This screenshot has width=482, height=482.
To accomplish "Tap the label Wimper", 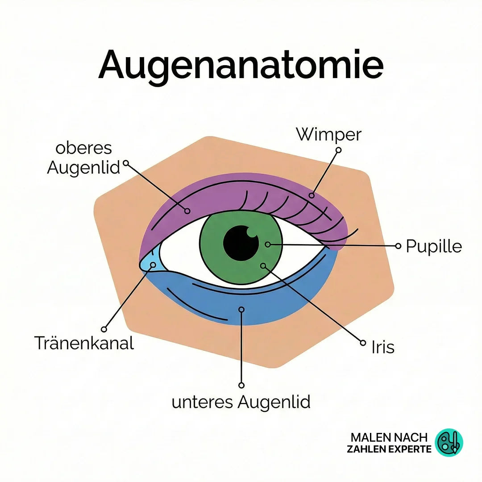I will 328,134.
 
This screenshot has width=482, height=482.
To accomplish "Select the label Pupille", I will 433,246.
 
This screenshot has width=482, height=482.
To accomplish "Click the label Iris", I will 383,347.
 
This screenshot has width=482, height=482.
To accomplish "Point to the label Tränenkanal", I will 84,343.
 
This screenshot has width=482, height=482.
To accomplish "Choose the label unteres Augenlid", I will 241,402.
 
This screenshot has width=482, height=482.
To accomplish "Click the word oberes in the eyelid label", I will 84,149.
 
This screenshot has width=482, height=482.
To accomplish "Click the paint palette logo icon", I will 449,442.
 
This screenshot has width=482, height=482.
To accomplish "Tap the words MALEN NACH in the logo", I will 389,437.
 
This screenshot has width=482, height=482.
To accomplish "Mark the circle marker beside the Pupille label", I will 398,246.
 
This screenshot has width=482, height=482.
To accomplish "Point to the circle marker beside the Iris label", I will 363,342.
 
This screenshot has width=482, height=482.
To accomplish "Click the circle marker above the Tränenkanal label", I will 104,329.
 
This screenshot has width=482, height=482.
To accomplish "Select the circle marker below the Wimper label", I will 338,150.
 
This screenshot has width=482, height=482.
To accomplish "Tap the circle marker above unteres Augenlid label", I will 241,385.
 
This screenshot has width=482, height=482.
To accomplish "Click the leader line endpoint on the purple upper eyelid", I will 187,211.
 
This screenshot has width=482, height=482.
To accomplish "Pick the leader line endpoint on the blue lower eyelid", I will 241,309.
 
